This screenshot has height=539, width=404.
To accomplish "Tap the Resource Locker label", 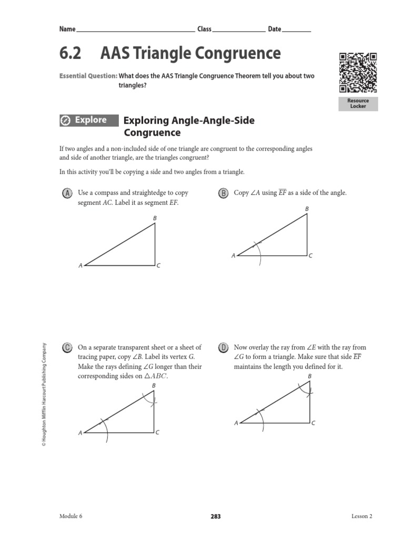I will (358, 103).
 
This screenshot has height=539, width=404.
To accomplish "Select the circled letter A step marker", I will (67, 193).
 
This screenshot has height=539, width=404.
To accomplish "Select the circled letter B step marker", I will (223, 193).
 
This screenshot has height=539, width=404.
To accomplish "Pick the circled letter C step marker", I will (67, 348).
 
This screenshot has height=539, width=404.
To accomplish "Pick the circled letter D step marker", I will (223, 348).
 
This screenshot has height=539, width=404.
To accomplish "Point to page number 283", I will (216, 517).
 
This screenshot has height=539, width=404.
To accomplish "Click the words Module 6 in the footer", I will (71, 517).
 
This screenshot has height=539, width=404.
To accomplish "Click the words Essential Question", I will (88, 76).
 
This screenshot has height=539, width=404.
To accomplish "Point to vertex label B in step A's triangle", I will (155, 217).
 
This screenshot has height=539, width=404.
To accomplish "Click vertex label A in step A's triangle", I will (80, 266).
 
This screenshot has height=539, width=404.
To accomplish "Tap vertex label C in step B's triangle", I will (311, 256).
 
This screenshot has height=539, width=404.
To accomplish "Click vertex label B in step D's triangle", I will (309, 376).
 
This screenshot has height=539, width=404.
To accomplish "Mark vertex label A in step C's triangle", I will (80, 433).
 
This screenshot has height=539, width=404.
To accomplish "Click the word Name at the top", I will (67, 29).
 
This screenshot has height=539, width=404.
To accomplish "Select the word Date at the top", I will (275, 29).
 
